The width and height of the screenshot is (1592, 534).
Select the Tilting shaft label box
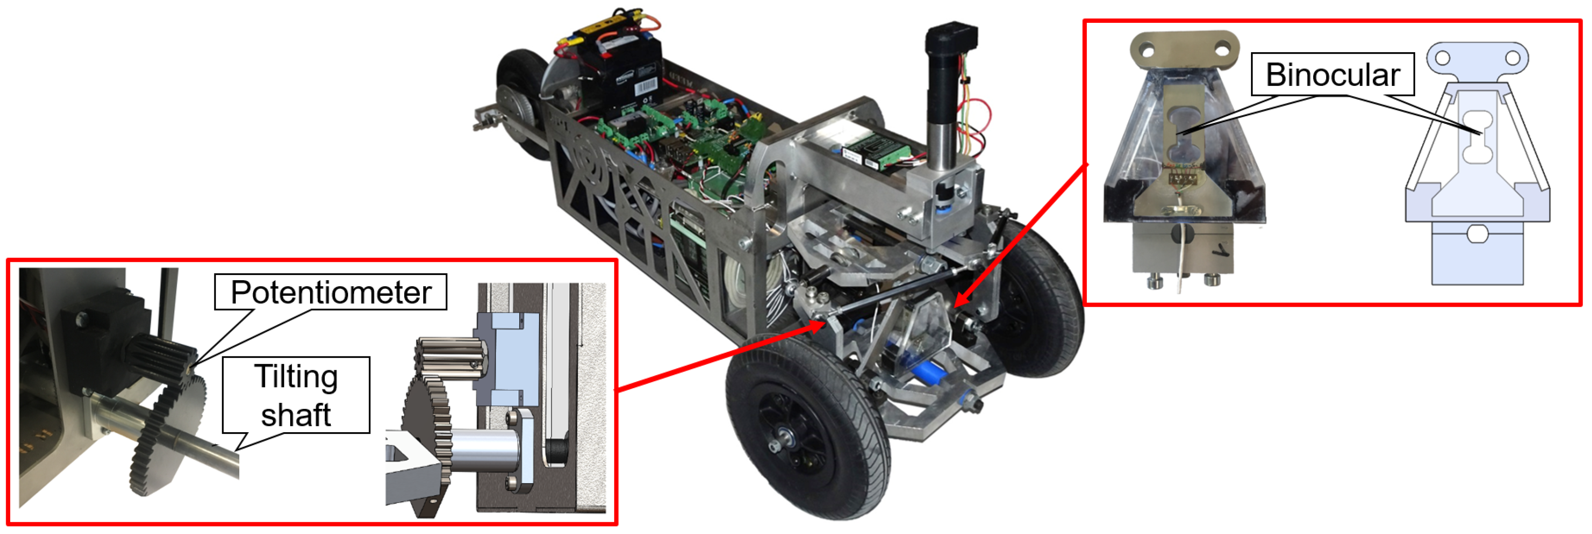point(296,395)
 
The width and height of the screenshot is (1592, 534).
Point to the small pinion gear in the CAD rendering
point(448,362)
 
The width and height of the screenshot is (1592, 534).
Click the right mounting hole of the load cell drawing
point(1512,58)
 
